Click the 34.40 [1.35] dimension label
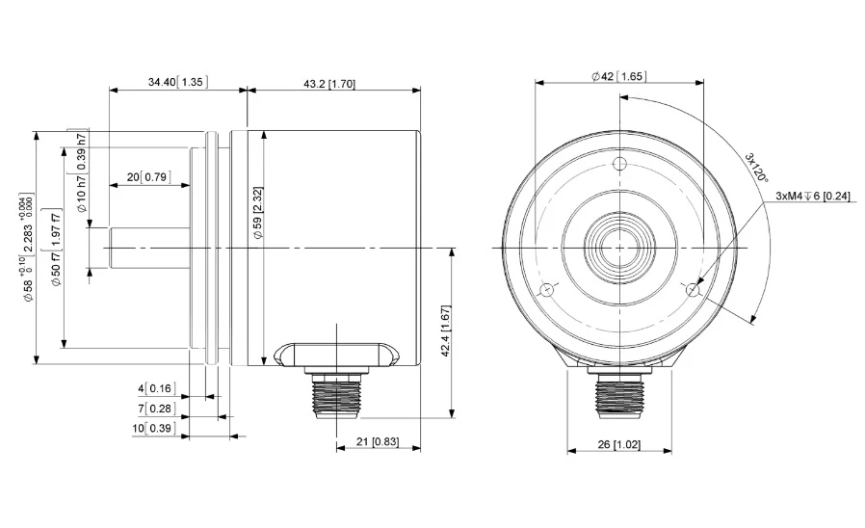pos(178,82)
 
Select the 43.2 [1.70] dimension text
pos(329,84)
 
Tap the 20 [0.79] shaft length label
pos(148,177)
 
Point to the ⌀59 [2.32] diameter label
pos(257,212)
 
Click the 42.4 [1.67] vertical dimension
pos(446,330)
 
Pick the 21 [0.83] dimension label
pos(378,441)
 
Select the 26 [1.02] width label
pos(619,444)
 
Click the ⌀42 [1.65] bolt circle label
pos(618,76)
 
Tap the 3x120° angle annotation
pos(756,168)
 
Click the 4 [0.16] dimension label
pos(157,388)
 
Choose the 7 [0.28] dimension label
pos(157,409)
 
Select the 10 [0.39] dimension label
pos(154,428)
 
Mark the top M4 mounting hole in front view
pos(620,164)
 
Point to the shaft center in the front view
pos(620,248)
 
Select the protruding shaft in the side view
pos(149,248)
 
